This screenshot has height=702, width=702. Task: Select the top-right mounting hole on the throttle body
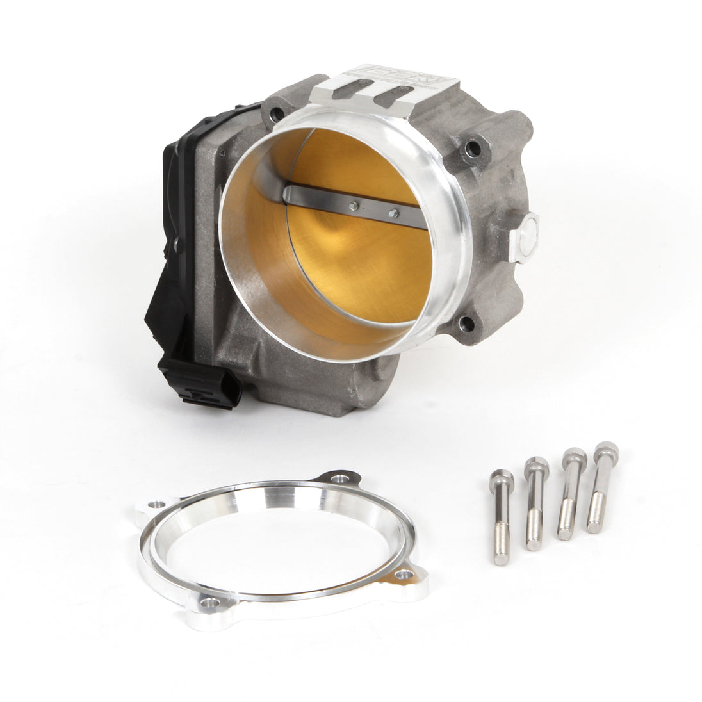point(475,148)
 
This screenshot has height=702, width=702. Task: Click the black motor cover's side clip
point(172,244)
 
